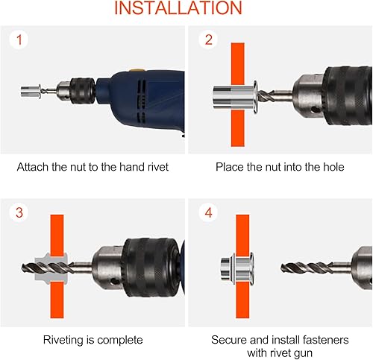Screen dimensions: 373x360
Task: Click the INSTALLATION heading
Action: pyautogui.click(x=178, y=7)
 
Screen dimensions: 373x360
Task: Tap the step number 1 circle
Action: pyautogui.click(x=19, y=40)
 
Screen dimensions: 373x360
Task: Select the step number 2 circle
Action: pyautogui.click(x=208, y=40)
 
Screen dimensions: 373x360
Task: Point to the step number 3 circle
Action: pyautogui.click(x=19, y=212)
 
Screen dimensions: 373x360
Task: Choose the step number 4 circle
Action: pyautogui.click(x=208, y=212)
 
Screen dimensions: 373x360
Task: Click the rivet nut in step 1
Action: pyautogui.click(x=31, y=92)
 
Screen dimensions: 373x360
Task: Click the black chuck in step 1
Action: pyautogui.click(x=83, y=91)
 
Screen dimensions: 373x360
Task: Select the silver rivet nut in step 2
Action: pyautogui.click(x=235, y=97)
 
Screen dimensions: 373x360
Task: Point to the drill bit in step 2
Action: pyautogui.click(x=275, y=95)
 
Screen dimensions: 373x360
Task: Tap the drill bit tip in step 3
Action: pyautogui.click(x=22, y=268)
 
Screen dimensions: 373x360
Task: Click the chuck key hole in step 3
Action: pyautogui.click(x=114, y=282)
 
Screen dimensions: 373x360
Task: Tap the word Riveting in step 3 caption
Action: pyautogui.click(x=63, y=340)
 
